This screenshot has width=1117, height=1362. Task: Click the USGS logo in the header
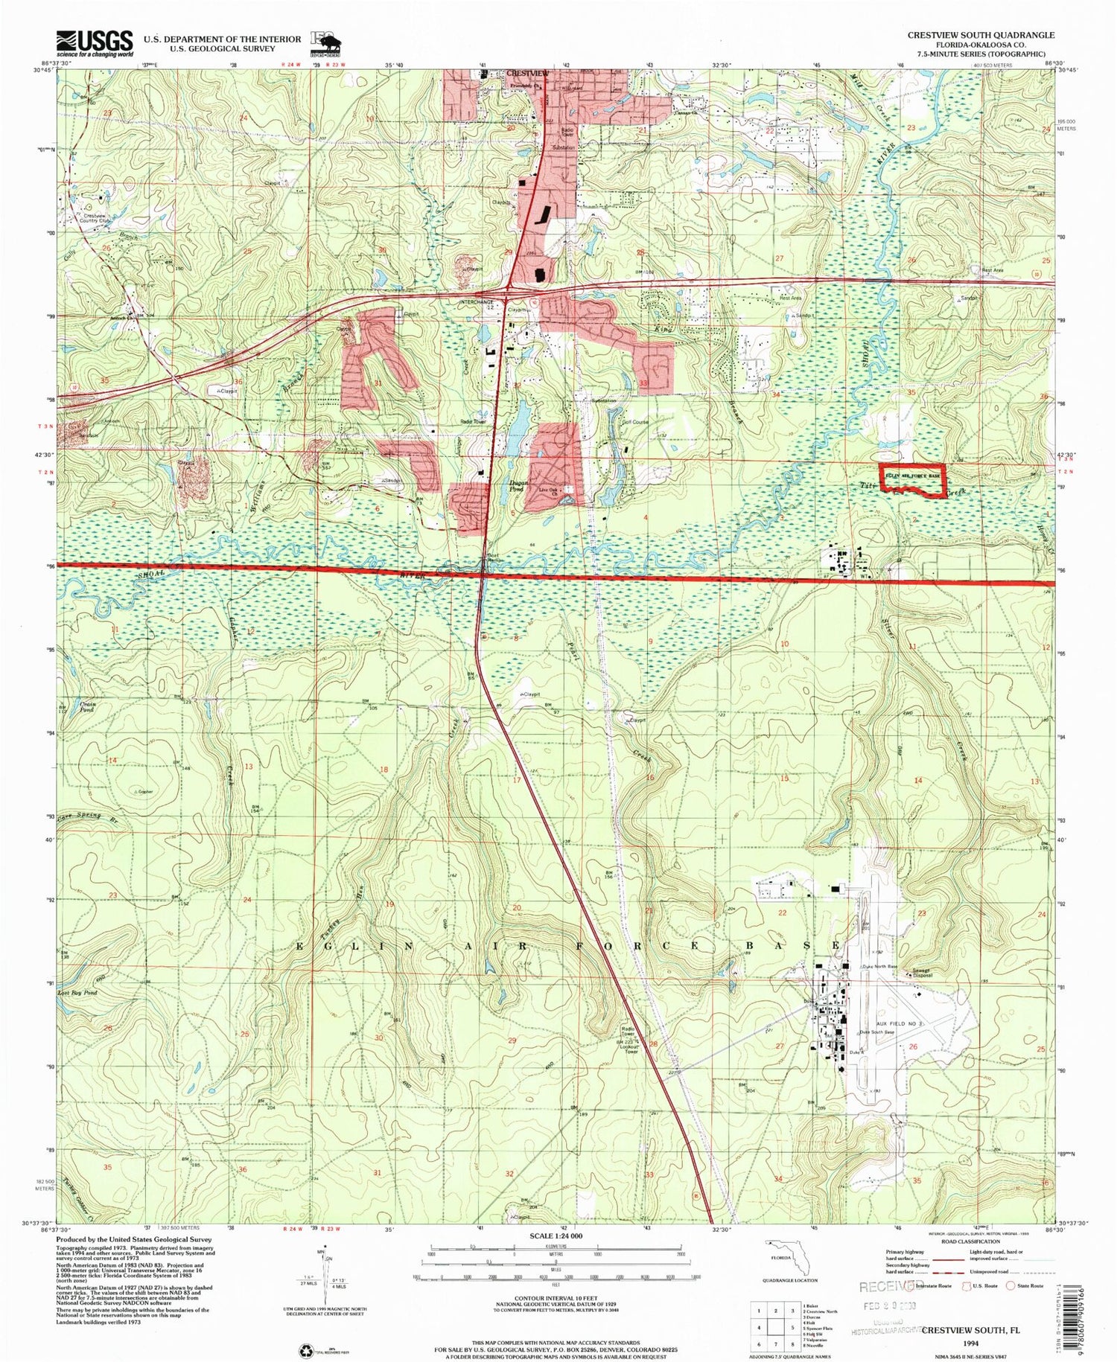click(95, 42)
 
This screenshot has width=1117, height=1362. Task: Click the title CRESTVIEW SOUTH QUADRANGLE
click(980, 35)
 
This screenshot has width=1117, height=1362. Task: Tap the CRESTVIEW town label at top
click(527, 73)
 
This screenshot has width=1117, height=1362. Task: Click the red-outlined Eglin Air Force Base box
click(913, 479)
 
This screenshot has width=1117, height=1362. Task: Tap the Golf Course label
click(635, 422)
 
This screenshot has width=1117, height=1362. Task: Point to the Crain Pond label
click(89, 706)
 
